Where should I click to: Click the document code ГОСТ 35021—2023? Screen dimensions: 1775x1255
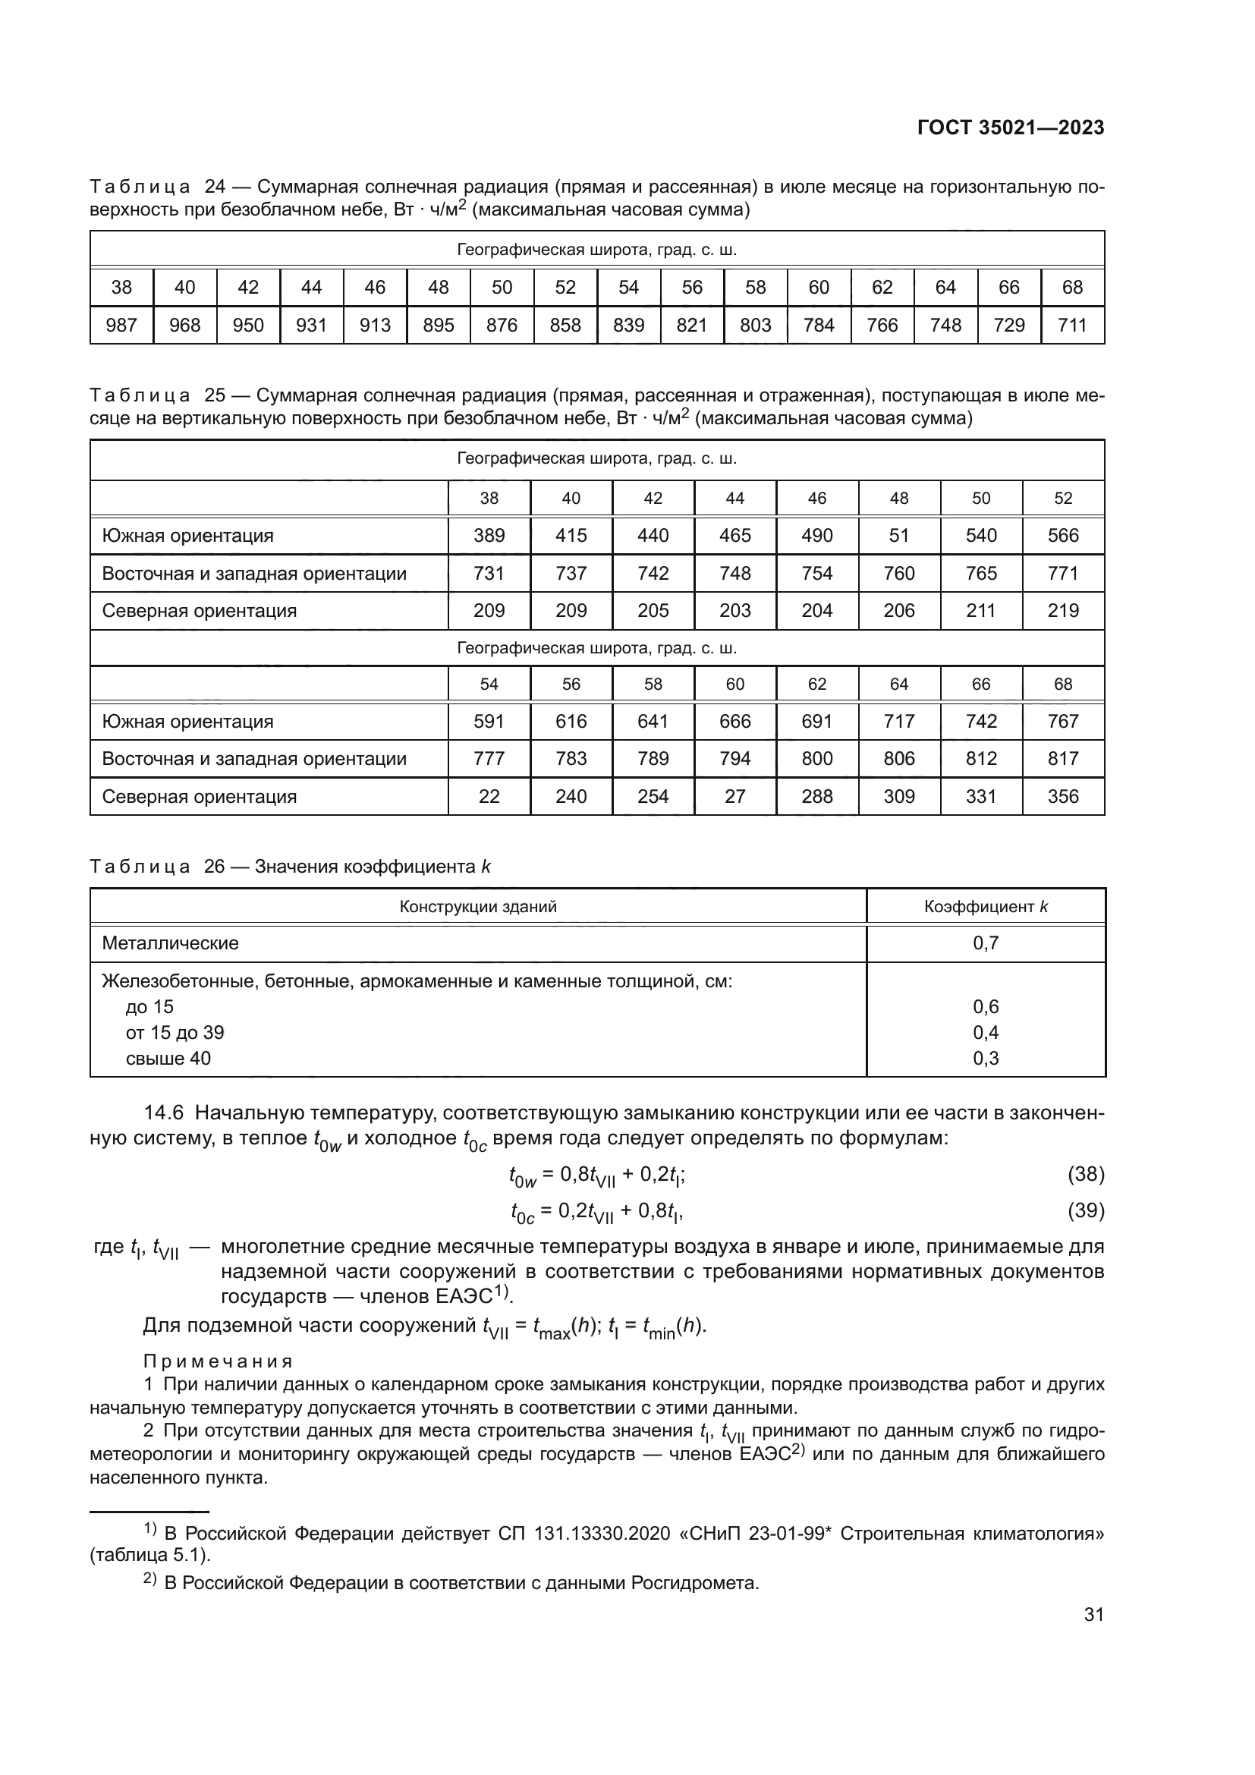[1010, 127]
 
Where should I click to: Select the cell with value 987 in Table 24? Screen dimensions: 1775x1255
[121, 326]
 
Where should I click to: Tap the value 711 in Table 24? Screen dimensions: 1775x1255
[1072, 326]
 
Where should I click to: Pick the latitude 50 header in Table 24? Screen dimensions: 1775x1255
[502, 288]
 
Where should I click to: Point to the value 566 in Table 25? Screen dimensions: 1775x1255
[1062, 536]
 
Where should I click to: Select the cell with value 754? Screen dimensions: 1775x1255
[817, 574]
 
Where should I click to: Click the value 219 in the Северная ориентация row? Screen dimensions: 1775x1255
[1062, 611]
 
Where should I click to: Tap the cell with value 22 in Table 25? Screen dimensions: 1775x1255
[489, 796]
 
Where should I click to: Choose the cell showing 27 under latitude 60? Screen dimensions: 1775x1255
[735, 796]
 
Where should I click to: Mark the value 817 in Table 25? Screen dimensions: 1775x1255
[1062, 758]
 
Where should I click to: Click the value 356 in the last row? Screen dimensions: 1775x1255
[1062, 796]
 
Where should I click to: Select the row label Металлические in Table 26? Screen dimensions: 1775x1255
[170, 943]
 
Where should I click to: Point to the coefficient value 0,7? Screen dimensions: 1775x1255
[986, 943]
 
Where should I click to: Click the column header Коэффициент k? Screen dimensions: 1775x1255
[986, 907]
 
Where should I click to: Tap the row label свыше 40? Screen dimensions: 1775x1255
[168, 1059]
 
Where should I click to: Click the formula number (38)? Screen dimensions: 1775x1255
[1085, 1174]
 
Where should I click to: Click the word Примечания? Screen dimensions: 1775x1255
[218, 1361]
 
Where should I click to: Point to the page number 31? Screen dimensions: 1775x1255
[1093, 1615]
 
